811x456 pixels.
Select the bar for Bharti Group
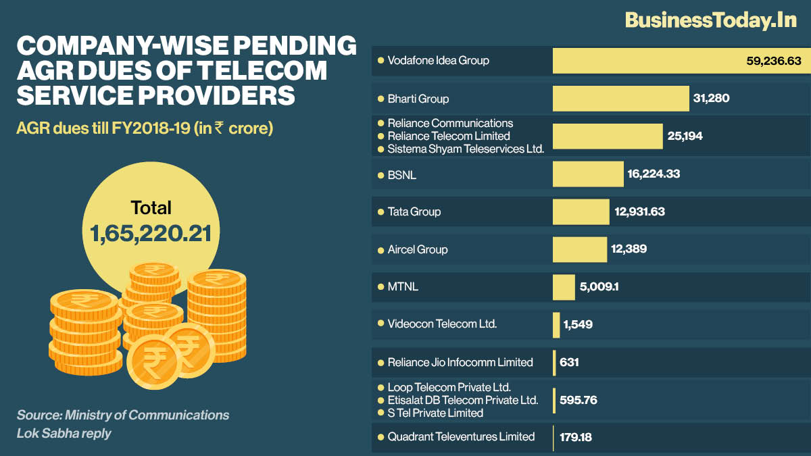tap(620, 99)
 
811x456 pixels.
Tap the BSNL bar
tap(588, 174)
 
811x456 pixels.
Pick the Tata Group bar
tap(581, 212)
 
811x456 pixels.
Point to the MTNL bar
tap(564, 287)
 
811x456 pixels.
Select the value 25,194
tap(686, 136)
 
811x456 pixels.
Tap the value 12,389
tap(629, 249)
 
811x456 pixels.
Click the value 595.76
tap(579, 400)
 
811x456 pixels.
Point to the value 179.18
tap(576, 437)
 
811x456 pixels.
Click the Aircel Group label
tap(418, 249)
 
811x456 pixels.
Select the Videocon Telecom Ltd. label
tap(442, 324)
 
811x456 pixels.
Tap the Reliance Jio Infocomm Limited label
tap(460, 362)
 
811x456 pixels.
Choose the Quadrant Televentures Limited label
tap(461, 437)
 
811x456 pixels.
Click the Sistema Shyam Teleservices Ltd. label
tap(466, 149)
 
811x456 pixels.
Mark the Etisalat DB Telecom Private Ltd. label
tap(463, 400)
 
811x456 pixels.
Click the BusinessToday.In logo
tap(711, 20)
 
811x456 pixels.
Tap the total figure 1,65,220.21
tap(151, 233)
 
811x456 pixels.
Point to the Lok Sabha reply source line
tap(64, 433)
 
